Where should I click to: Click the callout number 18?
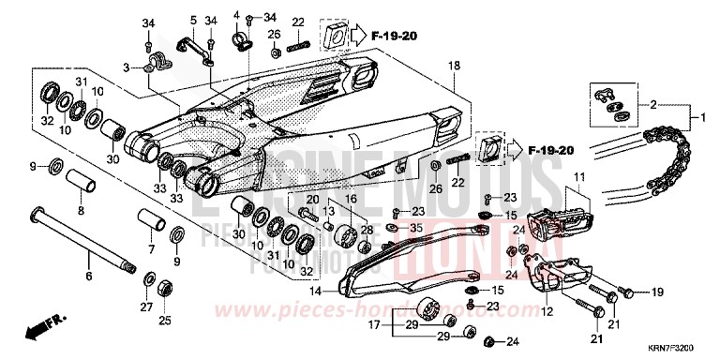click(454, 66)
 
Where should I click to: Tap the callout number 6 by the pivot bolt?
click(90, 277)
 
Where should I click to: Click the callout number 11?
click(578, 177)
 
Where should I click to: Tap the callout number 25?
click(165, 320)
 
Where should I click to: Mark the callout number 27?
click(146, 306)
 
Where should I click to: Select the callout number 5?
click(193, 20)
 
